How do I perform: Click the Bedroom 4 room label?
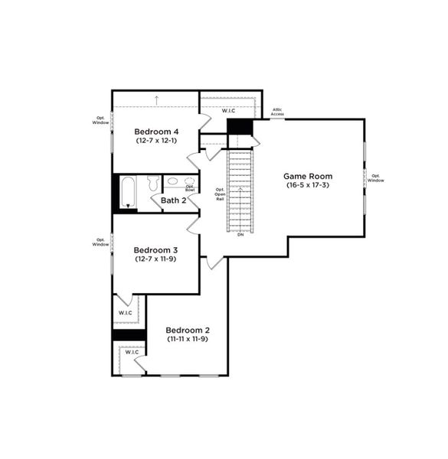[x=156, y=131]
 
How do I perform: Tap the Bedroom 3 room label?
[x=155, y=250]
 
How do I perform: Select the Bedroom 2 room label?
[x=188, y=330]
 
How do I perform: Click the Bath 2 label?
[x=174, y=200]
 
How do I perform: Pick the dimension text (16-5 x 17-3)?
[x=308, y=185]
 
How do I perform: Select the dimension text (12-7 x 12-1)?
[x=156, y=141]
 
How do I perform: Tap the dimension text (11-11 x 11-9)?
[x=188, y=339]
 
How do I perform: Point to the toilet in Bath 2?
[x=152, y=183]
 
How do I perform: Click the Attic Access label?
[x=277, y=112]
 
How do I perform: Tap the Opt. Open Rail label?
[x=220, y=194]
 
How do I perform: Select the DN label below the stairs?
[x=240, y=235]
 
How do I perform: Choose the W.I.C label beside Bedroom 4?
[x=228, y=112]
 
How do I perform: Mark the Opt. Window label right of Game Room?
[x=375, y=177]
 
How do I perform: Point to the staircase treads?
[x=240, y=191]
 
